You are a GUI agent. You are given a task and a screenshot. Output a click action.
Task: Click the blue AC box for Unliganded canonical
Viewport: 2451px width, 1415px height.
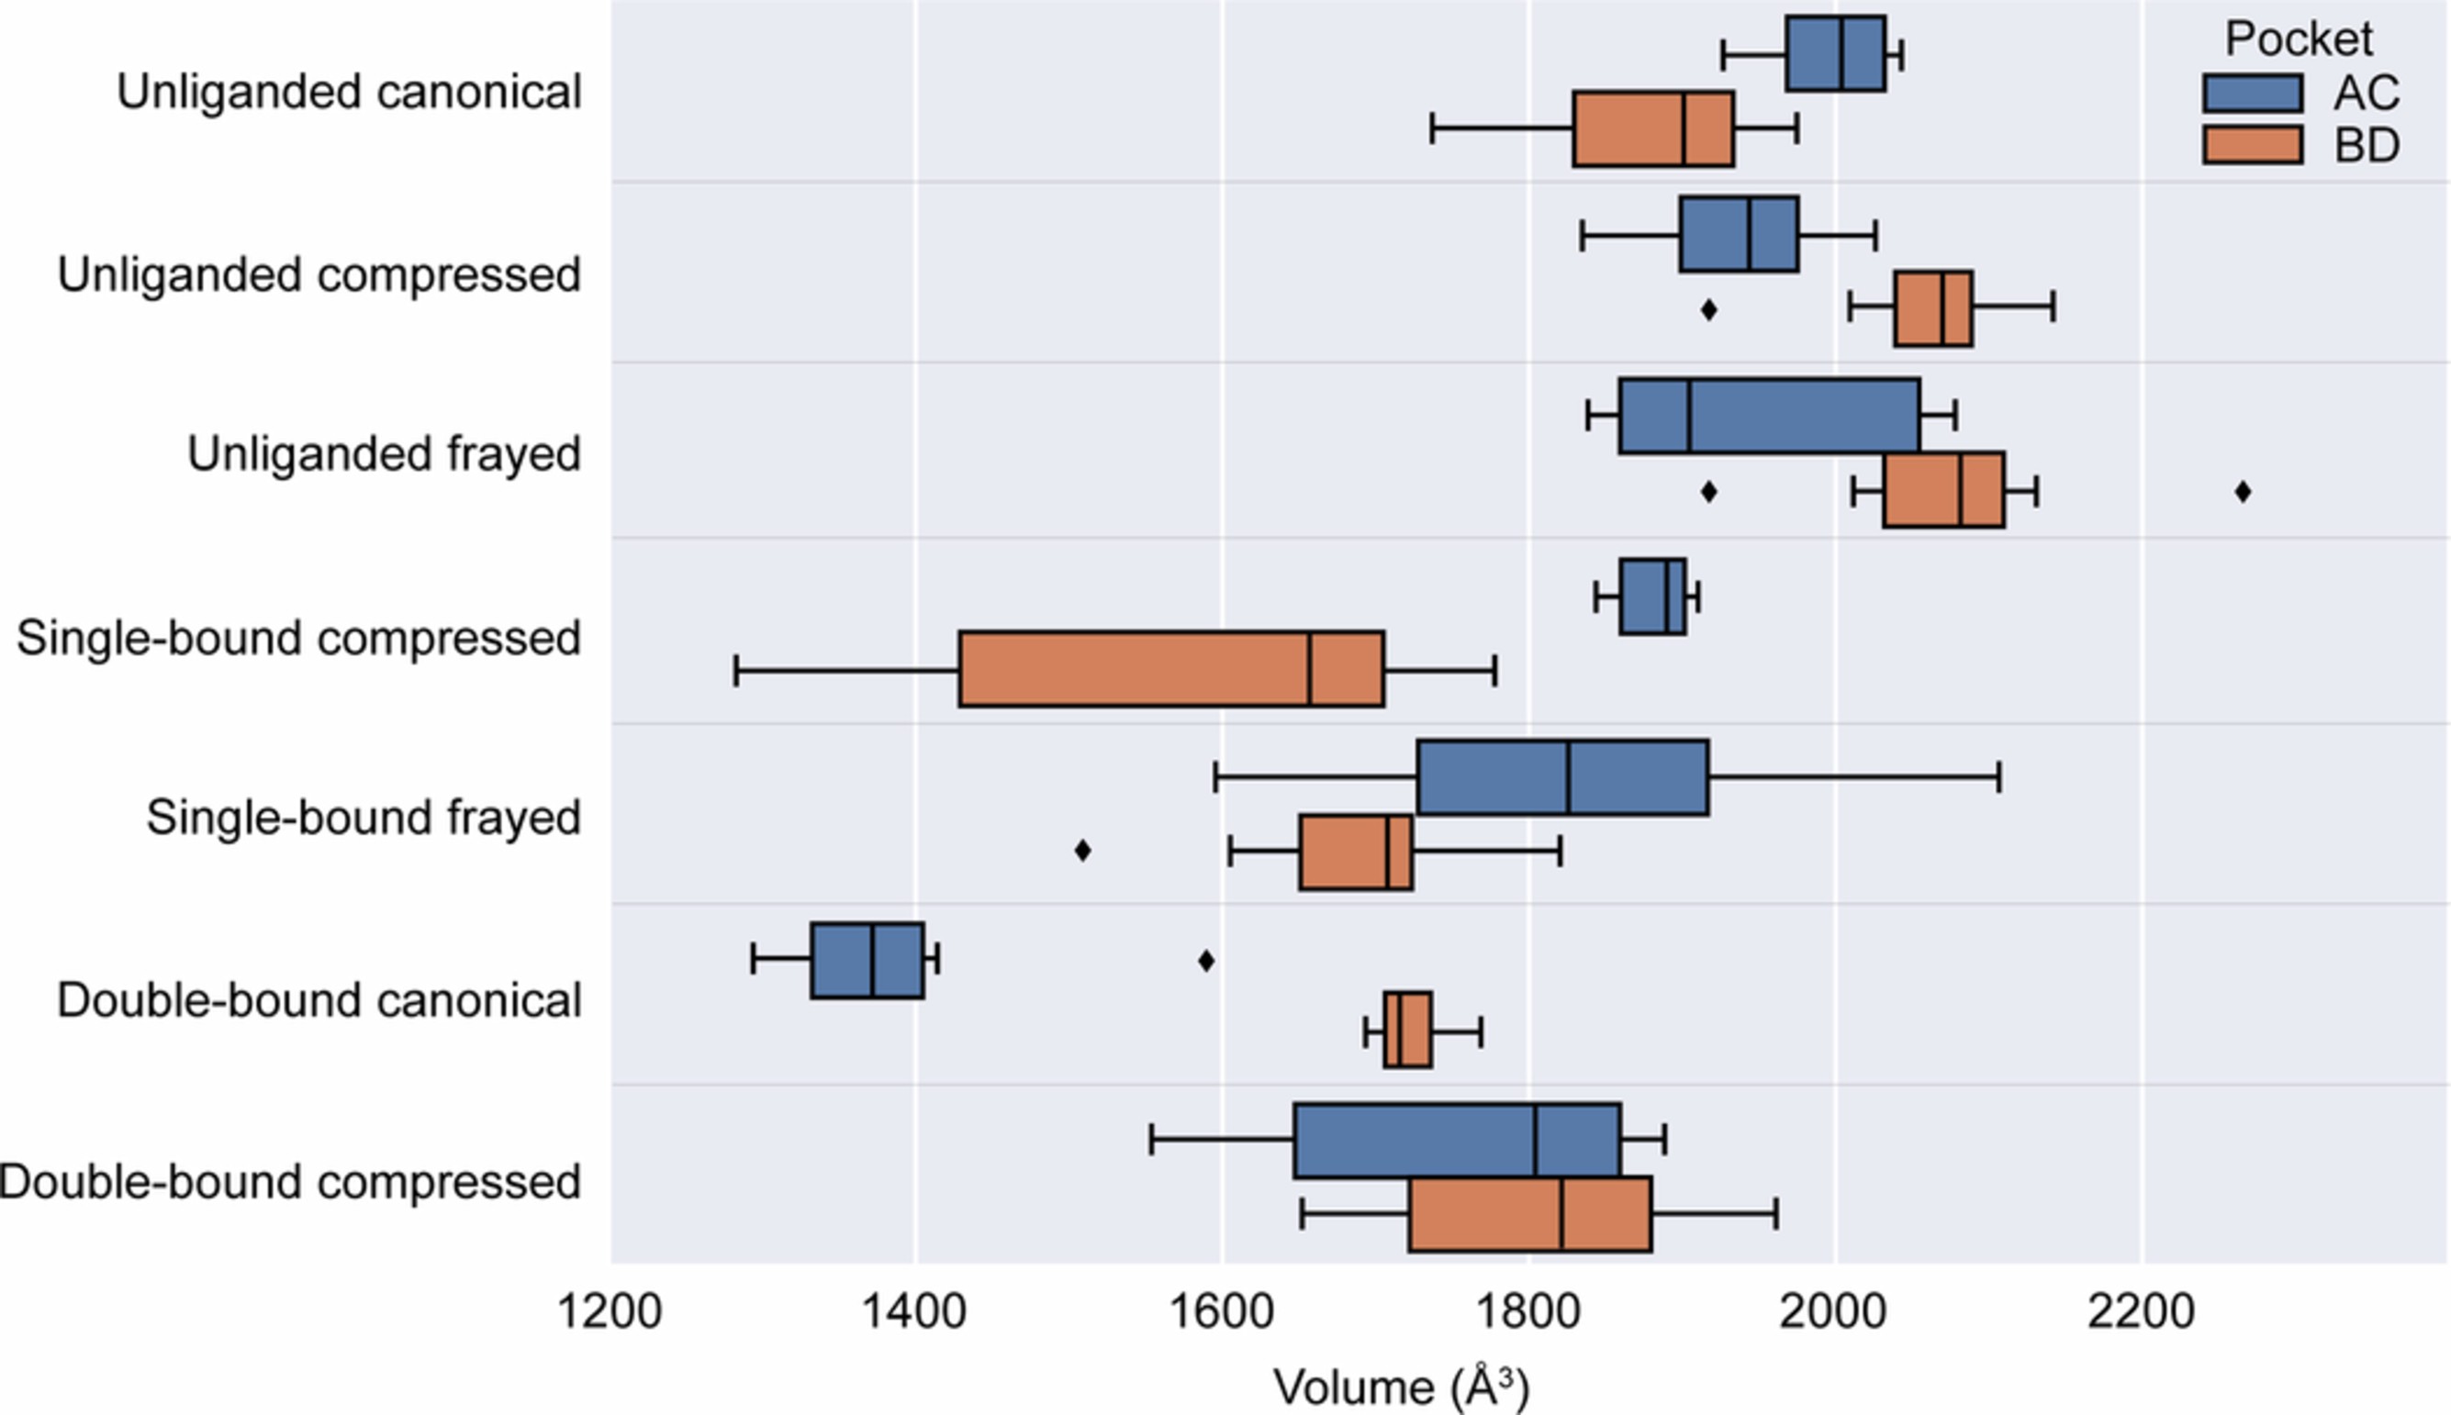[1836, 54]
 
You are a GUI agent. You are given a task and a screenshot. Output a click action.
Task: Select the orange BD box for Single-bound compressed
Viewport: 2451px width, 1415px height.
[1170, 670]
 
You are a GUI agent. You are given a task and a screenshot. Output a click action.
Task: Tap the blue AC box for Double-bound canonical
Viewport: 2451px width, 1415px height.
[867, 960]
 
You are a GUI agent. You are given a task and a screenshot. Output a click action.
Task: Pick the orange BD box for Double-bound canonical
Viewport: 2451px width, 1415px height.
[1408, 1031]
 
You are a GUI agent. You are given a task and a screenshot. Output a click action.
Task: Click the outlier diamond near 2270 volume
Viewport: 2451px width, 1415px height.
[2243, 492]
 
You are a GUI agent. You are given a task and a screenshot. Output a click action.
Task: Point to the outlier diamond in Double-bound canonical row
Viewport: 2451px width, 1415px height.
[1205, 961]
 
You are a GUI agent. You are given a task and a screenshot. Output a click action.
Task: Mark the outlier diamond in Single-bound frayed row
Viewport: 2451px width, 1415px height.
[1082, 851]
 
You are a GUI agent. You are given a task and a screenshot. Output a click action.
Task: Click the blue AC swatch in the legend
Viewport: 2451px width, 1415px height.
[2253, 94]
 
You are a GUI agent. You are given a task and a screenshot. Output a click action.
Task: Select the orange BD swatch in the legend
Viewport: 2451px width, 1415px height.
[2253, 145]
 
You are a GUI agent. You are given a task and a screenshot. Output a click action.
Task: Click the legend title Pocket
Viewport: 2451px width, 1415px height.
[2299, 39]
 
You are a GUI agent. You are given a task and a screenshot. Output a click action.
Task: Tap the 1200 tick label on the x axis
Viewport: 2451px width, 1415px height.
[610, 1312]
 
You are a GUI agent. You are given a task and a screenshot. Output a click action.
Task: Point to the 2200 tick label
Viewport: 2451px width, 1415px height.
[2141, 1312]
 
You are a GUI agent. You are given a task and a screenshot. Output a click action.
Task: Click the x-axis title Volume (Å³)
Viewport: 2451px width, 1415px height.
[1401, 1386]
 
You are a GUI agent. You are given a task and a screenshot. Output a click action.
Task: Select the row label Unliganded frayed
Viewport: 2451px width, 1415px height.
[384, 454]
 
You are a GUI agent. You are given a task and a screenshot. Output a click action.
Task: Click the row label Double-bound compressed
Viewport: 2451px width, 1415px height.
[290, 1183]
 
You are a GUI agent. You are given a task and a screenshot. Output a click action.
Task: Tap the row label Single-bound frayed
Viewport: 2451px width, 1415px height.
[364, 818]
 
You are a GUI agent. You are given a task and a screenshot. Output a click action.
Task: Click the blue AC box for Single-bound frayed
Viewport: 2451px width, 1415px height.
[1562, 777]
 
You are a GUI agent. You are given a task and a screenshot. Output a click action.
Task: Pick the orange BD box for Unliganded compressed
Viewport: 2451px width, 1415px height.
[1932, 309]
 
